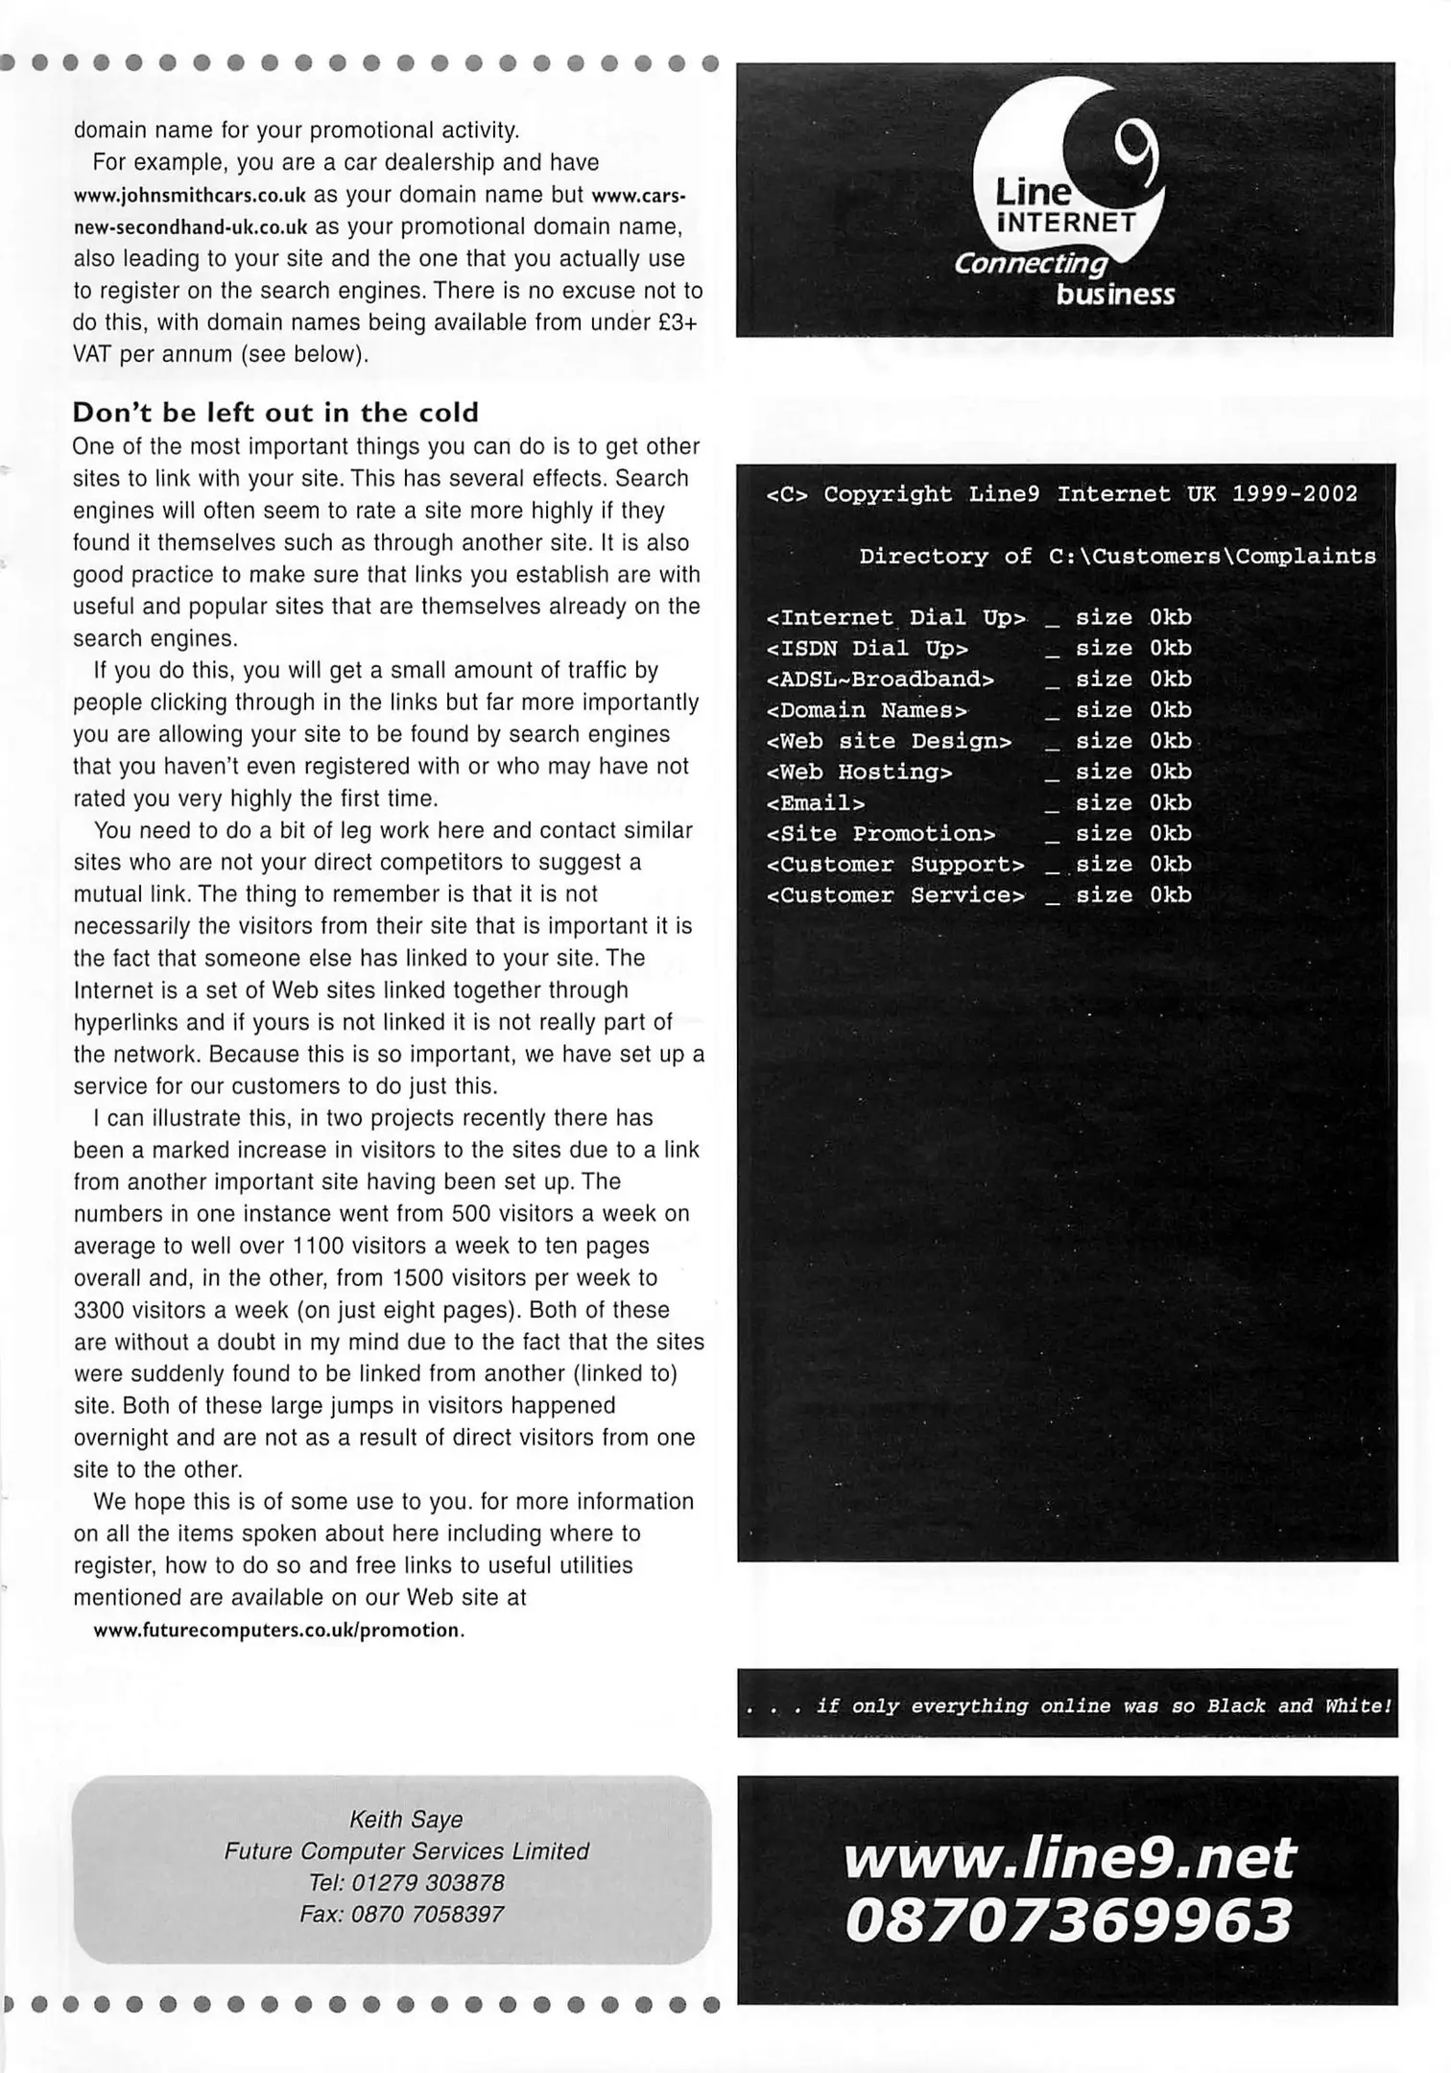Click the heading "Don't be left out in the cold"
tap(275, 413)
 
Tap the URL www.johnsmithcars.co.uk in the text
tap(189, 195)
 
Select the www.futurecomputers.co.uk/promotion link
tap(278, 1630)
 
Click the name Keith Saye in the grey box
tap(406, 1820)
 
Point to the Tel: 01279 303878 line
tap(406, 1883)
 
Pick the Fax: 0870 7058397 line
tap(401, 1915)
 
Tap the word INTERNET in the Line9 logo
tap(1067, 224)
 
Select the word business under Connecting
tap(1115, 295)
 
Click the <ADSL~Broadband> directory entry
tap(880, 679)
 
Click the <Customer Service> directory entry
tap(895, 895)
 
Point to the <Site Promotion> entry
tap(881, 834)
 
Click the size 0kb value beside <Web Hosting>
tap(1133, 772)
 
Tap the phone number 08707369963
tap(1068, 1922)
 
